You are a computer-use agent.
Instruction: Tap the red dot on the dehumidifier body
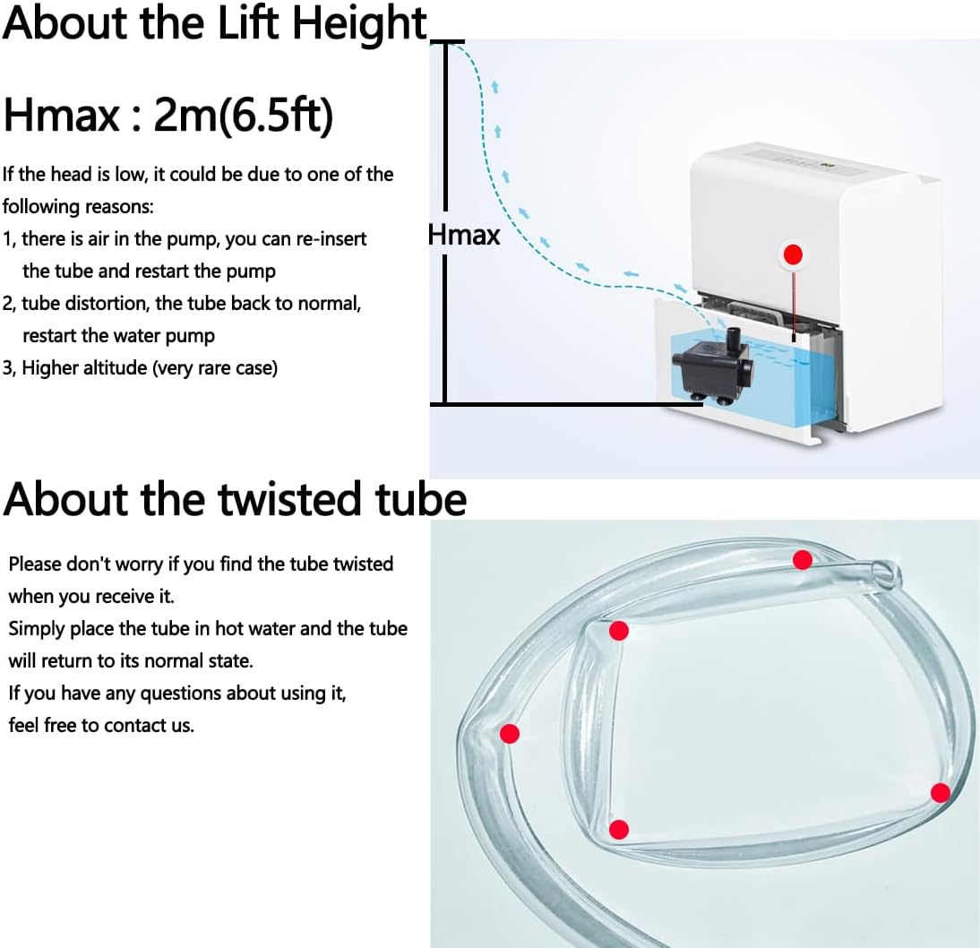793,254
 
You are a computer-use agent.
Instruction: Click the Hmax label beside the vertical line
464,235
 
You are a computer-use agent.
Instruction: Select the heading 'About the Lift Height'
215,24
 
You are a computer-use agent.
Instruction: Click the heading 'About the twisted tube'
235,500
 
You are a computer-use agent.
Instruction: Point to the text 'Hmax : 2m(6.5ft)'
168,116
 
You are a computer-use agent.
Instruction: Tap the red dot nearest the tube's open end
803,560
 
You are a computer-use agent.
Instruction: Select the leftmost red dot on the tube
510,734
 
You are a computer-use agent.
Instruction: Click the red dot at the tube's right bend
940,792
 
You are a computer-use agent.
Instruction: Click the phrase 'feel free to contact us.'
101,726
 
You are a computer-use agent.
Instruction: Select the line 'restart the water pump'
118,336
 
